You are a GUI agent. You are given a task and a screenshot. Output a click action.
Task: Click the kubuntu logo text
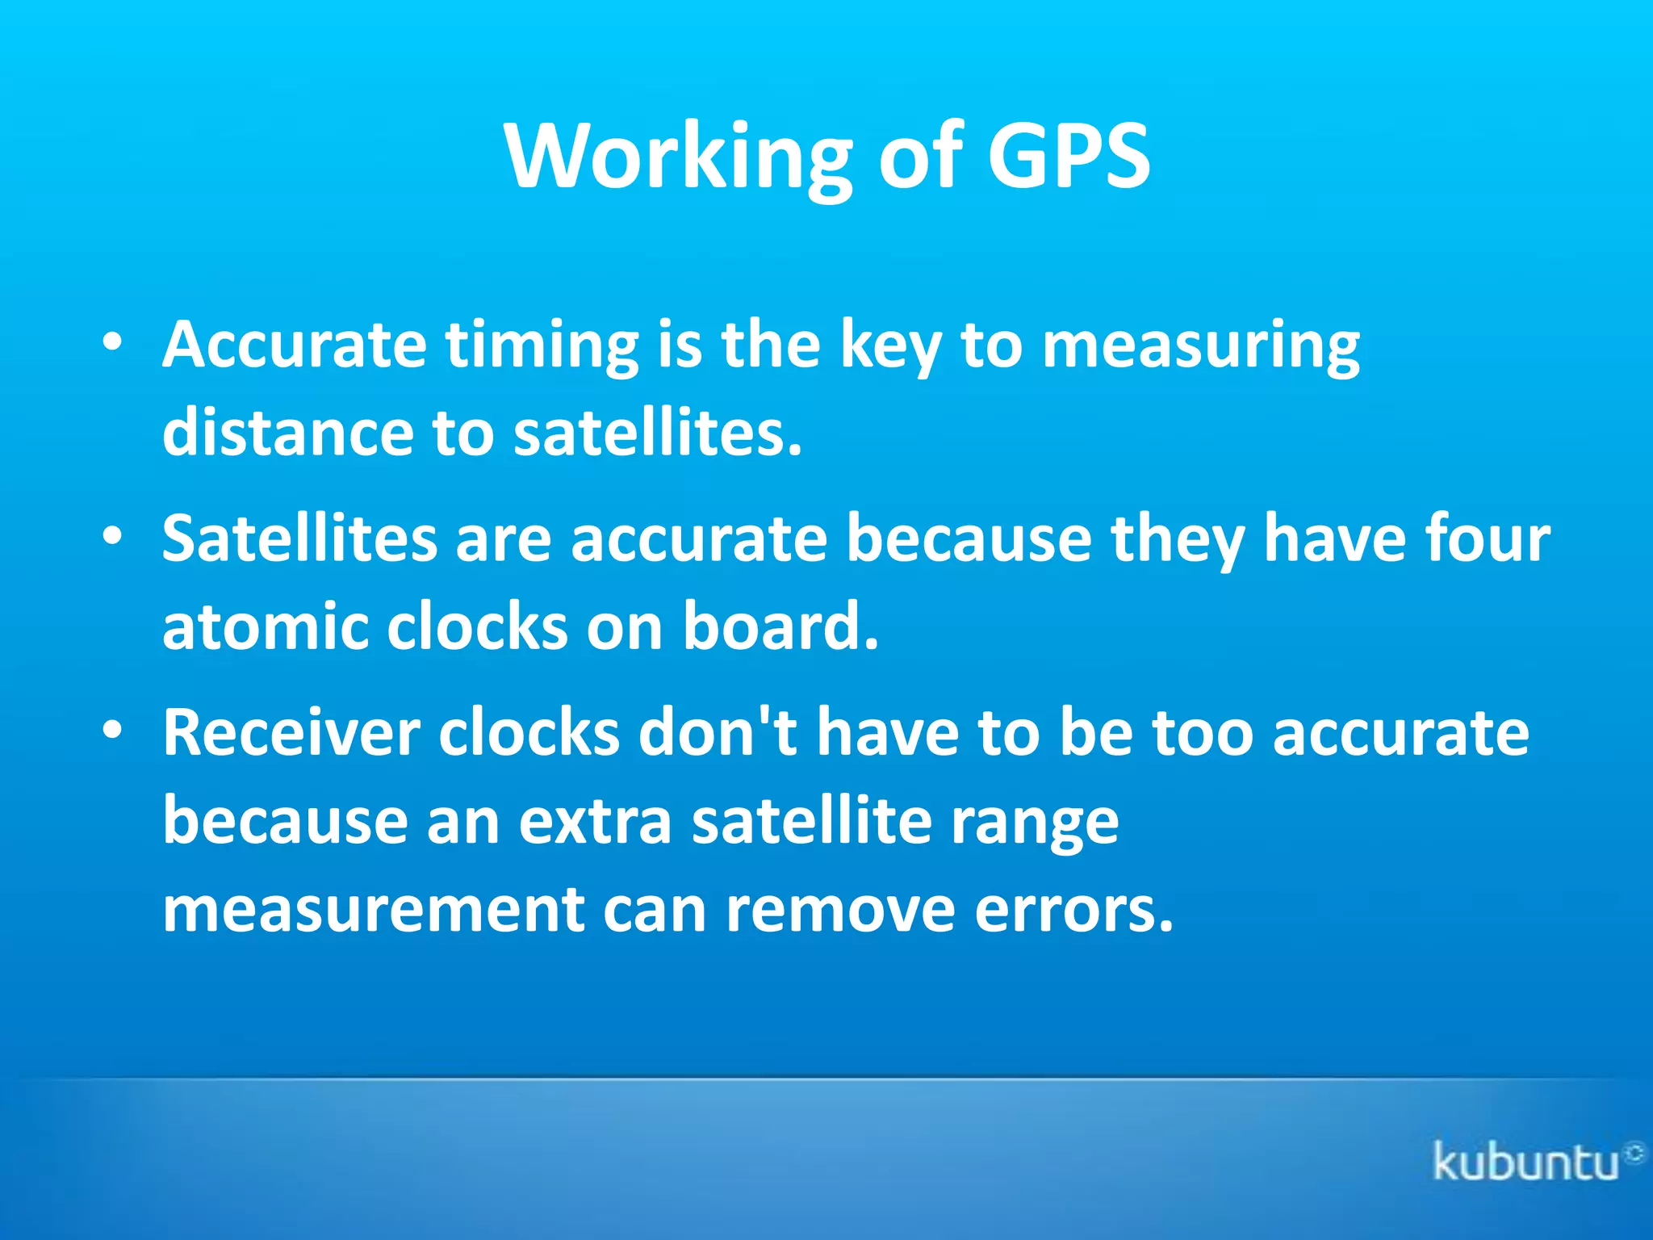click(1525, 1162)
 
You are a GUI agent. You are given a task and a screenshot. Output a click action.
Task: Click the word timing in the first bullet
click(542, 347)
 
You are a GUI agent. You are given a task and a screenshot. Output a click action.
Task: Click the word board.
click(780, 626)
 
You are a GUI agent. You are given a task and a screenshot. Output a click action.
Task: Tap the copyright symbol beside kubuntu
click(1634, 1152)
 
